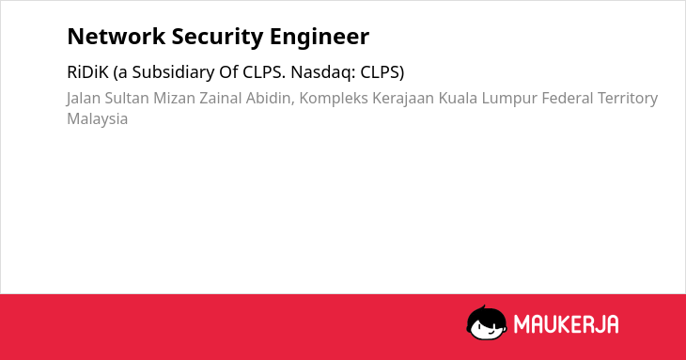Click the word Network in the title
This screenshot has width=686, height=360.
[x=117, y=37]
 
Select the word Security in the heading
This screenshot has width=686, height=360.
[x=217, y=38]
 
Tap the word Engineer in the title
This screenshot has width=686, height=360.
[x=320, y=38]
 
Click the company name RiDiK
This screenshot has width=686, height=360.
[x=87, y=72]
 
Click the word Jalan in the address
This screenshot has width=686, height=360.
[x=84, y=99]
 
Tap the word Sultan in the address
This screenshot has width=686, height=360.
[x=127, y=99]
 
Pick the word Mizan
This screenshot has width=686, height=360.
[x=174, y=99]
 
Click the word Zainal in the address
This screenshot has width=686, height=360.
[x=221, y=99]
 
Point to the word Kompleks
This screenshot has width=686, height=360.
[x=334, y=99]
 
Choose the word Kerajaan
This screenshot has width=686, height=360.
[x=403, y=99]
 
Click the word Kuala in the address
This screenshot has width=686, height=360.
[x=458, y=99]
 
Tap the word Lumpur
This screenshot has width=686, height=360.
[x=509, y=99]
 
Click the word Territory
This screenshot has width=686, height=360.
[x=628, y=99]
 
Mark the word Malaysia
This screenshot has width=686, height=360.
[x=98, y=119]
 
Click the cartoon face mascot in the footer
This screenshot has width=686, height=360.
[x=487, y=323]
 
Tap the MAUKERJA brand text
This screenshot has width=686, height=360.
[x=566, y=324]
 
